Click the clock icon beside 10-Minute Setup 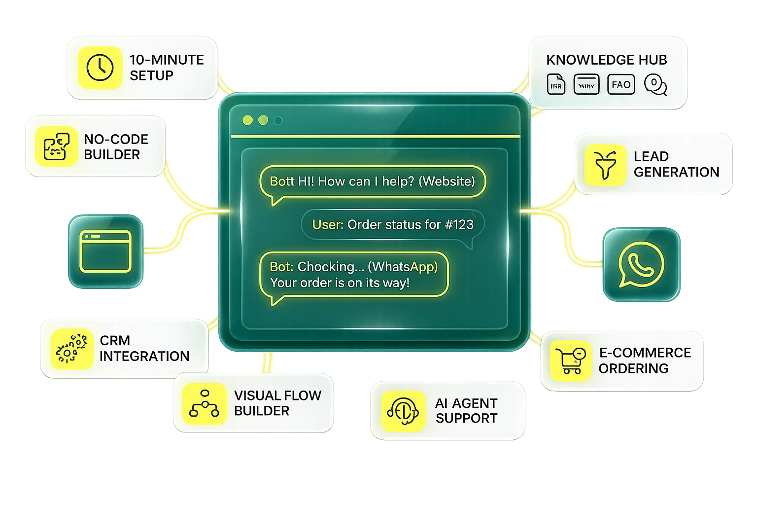(x=100, y=68)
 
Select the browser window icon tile (x=105, y=252)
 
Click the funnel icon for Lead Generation (x=605, y=165)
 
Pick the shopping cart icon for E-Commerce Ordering (x=570, y=361)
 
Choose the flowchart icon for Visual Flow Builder (x=204, y=403)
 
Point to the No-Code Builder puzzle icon (x=56, y=146)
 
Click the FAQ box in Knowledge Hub (x=620, y=85)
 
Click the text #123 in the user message (x=458, y=225)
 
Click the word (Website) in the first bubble (x=447, y=181)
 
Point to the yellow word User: (x=327, y=225)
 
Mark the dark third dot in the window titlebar (x=278, y=120)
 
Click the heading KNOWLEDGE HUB (x=606, y=60)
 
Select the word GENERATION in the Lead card (x=676, y=172)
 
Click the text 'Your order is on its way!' (x=340, y=283)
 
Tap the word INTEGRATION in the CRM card (x=144, y=356)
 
